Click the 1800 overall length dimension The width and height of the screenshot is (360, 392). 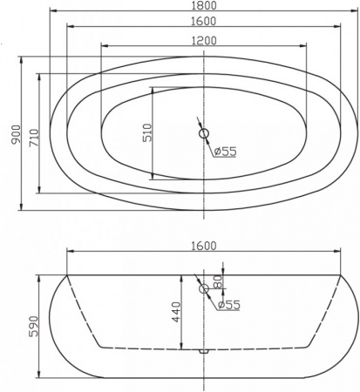202,6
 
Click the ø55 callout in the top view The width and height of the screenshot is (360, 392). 226,152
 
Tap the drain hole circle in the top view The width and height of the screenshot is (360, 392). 204,133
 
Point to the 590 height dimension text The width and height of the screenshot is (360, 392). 33,325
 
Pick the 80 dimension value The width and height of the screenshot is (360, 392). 218,280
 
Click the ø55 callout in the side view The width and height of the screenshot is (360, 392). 228,304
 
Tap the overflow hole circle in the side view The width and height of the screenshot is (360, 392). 204,288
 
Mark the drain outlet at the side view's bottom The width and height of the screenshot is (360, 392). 204,351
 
